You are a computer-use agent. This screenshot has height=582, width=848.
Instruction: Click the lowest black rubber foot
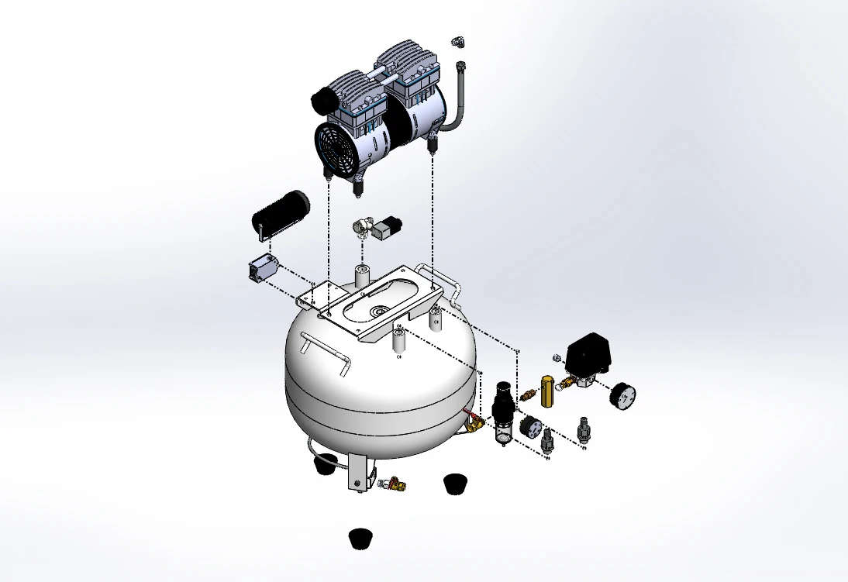pos(360,538)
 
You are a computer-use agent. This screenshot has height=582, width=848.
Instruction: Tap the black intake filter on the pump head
pos(322,99)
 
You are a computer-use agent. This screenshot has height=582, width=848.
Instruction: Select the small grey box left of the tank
pos(262,270)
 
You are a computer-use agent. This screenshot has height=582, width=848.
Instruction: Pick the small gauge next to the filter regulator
pos(531,426)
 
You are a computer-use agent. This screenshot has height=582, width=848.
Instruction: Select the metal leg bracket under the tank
pos(357,471)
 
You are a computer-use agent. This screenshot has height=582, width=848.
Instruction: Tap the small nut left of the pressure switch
pos(556,357)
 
